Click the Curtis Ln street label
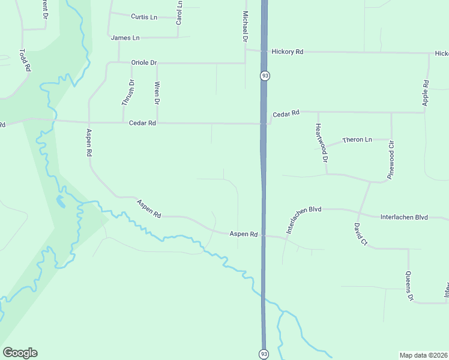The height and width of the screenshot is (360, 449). [143, 17]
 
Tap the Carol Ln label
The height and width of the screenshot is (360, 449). [179, 12]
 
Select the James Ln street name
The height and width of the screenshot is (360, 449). [125, 38]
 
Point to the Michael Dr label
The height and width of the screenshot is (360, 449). [245, 26]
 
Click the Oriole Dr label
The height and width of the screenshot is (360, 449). [143, 62]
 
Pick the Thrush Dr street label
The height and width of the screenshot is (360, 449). [128, 93]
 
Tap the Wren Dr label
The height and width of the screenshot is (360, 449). [157, 93]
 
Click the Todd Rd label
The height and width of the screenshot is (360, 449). [25, 61]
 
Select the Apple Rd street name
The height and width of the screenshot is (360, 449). [426, 93]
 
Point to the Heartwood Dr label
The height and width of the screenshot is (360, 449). [321, 143]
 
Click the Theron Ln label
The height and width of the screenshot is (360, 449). [357, 140]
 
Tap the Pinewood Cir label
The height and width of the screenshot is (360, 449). [391, 153]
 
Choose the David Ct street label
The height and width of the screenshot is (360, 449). [360, 235]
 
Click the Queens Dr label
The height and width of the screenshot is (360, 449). [410, 286]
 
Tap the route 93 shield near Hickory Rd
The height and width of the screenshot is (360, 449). [265, 76]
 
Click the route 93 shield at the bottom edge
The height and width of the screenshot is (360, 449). [264, 354]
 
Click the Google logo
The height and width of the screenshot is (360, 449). [20, 353]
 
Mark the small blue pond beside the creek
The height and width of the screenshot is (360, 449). [61, 202]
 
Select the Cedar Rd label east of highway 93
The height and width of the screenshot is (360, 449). [286, 114]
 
